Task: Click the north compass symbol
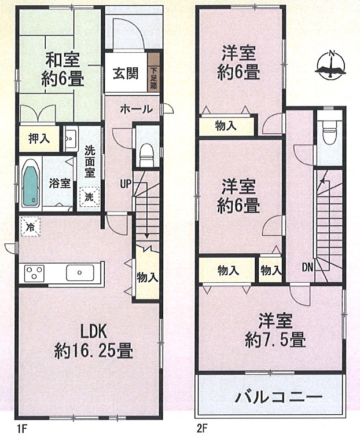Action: (x=331, y=65)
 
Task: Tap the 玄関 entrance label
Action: (x=126, y=74)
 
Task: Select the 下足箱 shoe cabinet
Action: (x=153, y=72)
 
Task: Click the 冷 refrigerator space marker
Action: (x=30, y=227)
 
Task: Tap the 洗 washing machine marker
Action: (x=89, y=196)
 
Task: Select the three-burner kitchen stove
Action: (x=34, y=273)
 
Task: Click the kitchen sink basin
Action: (x=80, y=273)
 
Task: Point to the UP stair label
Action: (x=126, y=184)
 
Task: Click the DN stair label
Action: (x=308, y=268)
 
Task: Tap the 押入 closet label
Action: (x=39, y=138)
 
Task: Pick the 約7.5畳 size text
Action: (x=275, y=339)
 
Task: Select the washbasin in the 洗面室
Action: (x=70, y=138)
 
